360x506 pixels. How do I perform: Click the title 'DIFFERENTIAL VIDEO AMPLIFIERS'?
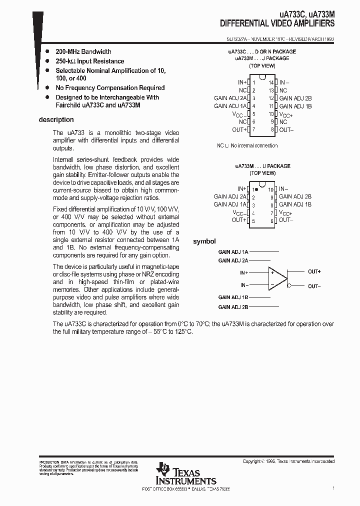(x=277, y=23)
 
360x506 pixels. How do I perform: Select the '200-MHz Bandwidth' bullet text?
(x=83, y=51)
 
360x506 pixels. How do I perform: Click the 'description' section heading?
(x=56, y=120)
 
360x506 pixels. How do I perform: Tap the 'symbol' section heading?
(x=204, y=241)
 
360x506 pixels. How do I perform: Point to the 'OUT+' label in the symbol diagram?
(x=314, y=271)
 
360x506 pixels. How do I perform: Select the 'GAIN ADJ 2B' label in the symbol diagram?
(x=233, y=307)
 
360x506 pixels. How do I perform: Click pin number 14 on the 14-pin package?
(x=271, y=82)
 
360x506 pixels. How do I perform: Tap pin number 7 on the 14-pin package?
(x=254, y=129)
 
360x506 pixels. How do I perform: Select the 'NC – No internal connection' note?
(x=247, y=145)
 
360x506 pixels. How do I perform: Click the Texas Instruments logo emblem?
(x=162, y=468)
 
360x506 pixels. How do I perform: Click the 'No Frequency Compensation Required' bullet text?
(x=110, y=87)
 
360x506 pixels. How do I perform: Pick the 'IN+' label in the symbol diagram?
(x=243, y=273)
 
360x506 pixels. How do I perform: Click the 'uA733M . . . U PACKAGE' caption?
(x=262, y=166)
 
